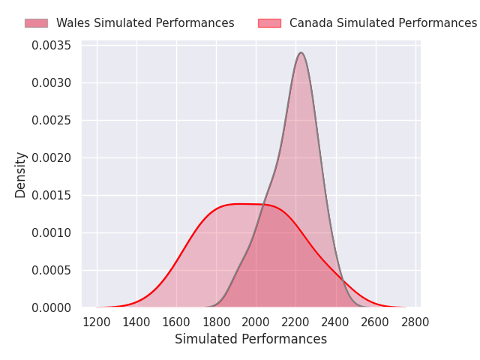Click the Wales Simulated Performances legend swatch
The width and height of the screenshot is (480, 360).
[36, 23]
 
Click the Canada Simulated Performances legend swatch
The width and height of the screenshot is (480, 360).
[269, 23]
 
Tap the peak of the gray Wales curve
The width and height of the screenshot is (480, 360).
[301, 52]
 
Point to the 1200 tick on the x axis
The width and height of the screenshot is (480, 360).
[97, 322]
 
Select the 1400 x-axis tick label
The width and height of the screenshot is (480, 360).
[136, 322]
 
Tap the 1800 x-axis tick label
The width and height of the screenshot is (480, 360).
[216, 322]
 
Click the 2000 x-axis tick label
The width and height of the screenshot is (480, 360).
[256, 322]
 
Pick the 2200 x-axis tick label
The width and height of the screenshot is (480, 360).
[296, 322]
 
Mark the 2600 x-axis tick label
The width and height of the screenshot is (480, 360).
[376, 322]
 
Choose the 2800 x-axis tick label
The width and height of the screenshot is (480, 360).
[415, 322]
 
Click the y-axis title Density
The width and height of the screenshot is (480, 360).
[21, 175]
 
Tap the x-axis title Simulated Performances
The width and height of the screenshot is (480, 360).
[250, 340]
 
